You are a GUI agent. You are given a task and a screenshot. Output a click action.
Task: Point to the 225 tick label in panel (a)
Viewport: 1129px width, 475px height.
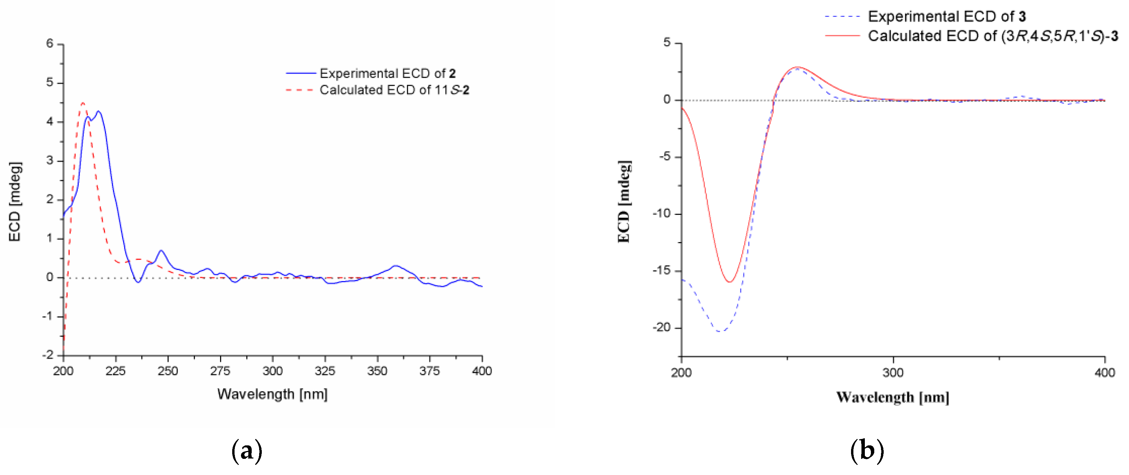[115, 371]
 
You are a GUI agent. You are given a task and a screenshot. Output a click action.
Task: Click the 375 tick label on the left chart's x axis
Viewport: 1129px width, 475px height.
[429, 371]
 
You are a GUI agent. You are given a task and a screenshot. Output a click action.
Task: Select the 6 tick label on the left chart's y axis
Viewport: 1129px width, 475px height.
[49, 43]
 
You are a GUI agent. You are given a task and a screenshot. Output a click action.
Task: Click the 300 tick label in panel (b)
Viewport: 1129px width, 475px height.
[893, 373]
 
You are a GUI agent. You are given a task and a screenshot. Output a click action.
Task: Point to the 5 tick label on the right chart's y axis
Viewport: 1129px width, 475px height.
[667, 42]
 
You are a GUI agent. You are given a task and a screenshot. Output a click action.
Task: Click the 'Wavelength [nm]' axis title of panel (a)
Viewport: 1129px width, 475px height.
[272, 394]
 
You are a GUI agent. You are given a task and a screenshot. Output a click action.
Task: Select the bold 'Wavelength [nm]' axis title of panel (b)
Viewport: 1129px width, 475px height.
[892, 397]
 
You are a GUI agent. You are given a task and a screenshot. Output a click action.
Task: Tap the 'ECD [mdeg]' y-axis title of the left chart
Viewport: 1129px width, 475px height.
[15, 202]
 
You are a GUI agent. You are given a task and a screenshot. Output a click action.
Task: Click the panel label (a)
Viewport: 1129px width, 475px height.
[247, 451]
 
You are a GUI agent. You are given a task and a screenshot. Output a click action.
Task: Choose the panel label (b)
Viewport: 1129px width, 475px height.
[867, 451]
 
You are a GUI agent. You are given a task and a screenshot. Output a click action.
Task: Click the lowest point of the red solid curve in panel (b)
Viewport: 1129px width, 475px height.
[730, 281]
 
